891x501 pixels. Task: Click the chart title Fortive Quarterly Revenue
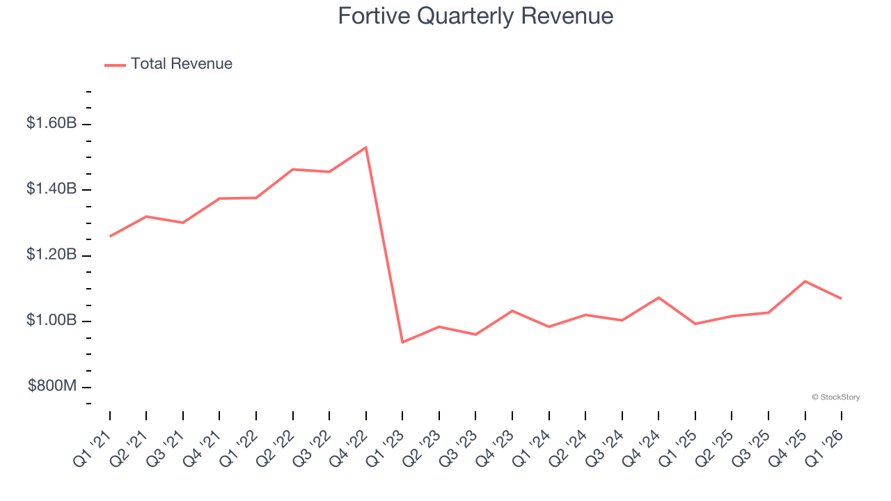[x=475, y=16]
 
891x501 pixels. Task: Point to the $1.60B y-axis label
[x=52, y=124]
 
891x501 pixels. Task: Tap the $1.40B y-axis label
[x=52, y=189]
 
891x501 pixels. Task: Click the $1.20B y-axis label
[x=52, y=255]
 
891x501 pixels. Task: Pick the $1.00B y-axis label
[x=52, y=321]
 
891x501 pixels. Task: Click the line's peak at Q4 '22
[x=366, y=147]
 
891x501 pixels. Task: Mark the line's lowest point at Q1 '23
[x=402, y=342]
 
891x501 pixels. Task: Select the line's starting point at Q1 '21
[x=110, y=237]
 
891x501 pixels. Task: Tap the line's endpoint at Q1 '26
[x=842, y=299]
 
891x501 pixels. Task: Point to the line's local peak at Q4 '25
[x=805, y=281]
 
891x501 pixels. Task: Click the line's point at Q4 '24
[x=659, y=298]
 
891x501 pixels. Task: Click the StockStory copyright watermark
[x=835, y=397]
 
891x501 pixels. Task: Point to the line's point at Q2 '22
[x=293, y=169]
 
